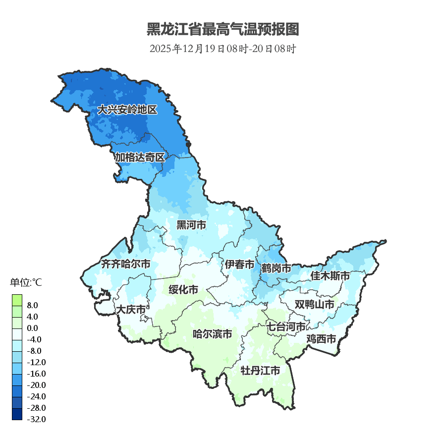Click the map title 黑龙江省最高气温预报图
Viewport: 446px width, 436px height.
pyautogui.click(x=223, y=29)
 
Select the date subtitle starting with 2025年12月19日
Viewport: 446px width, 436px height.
pyautogui.click(x=223, y=49)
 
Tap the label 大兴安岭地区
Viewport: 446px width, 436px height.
pyautogui.click(x=127, y=110)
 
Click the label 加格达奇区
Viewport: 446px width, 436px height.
pyautogui.click(x=140, y=158)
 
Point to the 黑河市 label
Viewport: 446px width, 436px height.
pyautogui.click(x=191, y=225)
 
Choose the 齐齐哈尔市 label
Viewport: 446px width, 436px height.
pyautogui.click(x=126, y=264)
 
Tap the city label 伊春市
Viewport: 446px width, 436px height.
pyautogui.click(x=239, y=265)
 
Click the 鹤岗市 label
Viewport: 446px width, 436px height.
pyautogui.click(x=277, y=269)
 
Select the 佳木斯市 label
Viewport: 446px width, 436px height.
pyautogui.click(x=330, y=275)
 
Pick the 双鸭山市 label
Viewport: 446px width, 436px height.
pyautogui.click(x=314, y=304)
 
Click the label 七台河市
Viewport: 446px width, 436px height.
pyautogui.click(x=286, y=327)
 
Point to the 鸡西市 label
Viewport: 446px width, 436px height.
pyautogui.click(x=321, y=339)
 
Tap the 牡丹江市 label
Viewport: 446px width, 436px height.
pyautogui.click(x=260, y=371)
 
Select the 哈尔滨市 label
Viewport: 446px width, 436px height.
pyautogui.click(x=212, y=334)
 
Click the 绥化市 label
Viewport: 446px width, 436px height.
pyautogui.click(x=183, y=290)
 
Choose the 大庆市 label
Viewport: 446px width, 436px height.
pyautogui.click(x=131, y=310)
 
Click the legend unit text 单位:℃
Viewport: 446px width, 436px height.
pyautogui.click(x=26, y=283)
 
